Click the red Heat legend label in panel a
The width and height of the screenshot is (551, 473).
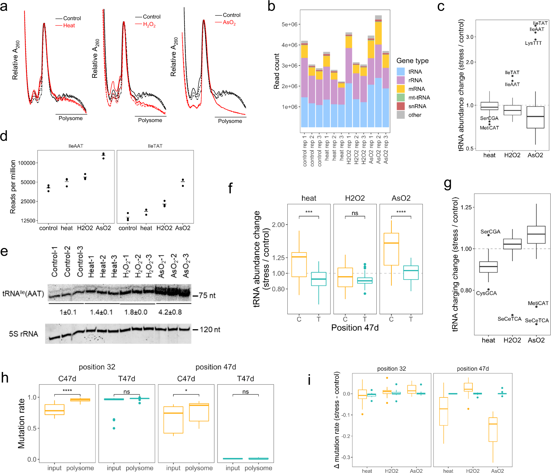click(69, 25)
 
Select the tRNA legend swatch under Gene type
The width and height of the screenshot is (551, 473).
click(401, 72)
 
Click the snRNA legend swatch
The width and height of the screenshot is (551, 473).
click(401, 106)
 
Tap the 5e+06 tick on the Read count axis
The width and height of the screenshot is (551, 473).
click(289, 24)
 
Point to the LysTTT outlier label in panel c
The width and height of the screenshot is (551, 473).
click(533, 43)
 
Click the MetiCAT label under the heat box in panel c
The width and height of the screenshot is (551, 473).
click(489, 128)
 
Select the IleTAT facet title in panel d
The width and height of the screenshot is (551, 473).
click(155, 146)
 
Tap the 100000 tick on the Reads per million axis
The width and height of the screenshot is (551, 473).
click(27, 163)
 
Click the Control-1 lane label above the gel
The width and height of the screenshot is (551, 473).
click(54, 262)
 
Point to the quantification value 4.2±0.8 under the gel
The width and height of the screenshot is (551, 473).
click(170, 312)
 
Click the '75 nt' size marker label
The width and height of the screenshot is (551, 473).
click(207, 296)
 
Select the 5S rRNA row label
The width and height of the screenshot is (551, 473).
click(24, 334)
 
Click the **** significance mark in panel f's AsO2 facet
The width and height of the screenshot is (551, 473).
click(401, 212)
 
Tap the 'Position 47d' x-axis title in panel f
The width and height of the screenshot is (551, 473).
click(355, 328)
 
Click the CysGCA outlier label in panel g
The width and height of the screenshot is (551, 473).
click(486, 293)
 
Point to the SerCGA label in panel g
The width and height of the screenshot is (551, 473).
click(490, 232)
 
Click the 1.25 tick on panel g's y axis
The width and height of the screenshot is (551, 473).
click(466, 207)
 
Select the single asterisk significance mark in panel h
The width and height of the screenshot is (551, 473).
click(186, 391)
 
